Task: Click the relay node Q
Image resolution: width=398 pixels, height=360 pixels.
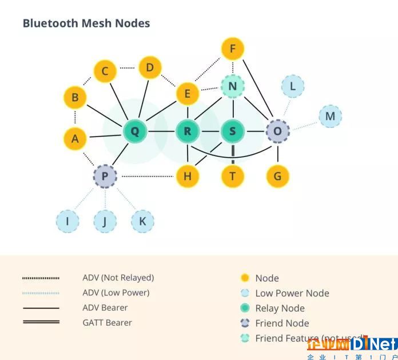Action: tap(135, 131)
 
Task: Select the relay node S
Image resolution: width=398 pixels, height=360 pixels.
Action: tap(232, 131)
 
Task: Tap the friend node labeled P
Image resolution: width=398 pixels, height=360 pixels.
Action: tap(105, 176)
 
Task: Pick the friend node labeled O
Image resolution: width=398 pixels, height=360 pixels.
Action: tap(277, 131)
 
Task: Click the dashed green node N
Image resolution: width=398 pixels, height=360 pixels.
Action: tap(232, 87)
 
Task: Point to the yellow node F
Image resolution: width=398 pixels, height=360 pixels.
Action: tap(232, 49)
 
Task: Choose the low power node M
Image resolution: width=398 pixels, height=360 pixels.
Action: tap(330, 117)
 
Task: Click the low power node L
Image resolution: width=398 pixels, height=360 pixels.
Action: tap(293, 86)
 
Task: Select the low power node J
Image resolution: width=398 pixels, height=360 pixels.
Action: tap(105, 221)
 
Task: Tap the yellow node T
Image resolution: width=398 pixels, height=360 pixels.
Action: tap(232, 176)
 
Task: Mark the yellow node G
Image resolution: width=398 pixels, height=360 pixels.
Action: tap(277, 176)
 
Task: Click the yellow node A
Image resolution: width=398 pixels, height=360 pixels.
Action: tap(75, 138)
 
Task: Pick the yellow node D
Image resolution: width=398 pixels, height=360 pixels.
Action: tap(150, 68)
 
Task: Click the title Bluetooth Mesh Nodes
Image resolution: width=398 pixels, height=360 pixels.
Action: tap(86, 23)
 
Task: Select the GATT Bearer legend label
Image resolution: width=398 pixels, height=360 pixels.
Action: tap(107, 323)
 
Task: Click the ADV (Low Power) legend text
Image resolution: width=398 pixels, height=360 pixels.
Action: tap(116, 293)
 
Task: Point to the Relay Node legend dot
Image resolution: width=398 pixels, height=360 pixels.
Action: tap(245, 308)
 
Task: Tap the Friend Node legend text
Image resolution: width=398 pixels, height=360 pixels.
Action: tap(282, 323)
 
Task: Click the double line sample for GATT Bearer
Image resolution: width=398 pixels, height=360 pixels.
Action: tap(41, 322)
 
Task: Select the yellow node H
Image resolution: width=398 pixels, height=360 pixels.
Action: tap(187, 176)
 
